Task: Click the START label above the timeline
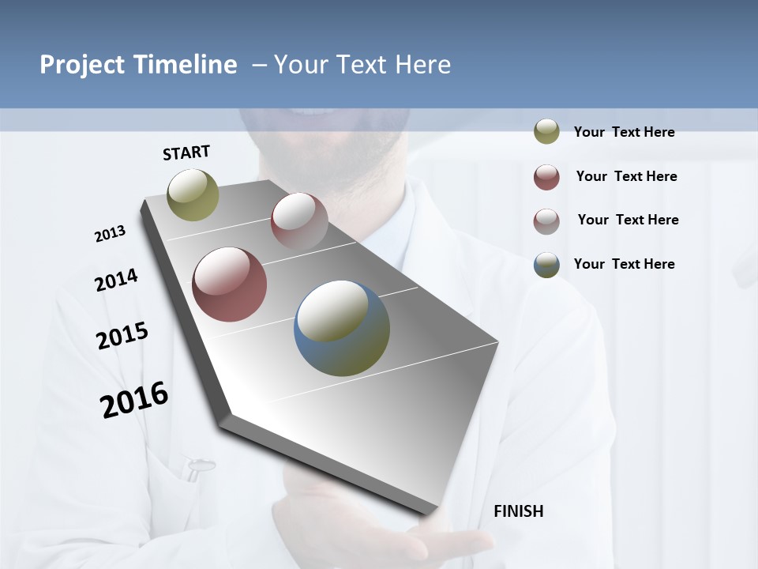[x=186, y=153]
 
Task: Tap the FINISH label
[x=518, y=511]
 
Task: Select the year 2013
[x=110, y=234]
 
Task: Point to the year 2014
[x=116, y=280]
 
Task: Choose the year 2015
[x=122, y=336]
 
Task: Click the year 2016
[x=134, y=399]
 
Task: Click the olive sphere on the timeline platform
[x=193, y=194]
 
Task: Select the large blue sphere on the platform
[x=342, y=328]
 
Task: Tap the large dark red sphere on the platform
[x=229, y=284]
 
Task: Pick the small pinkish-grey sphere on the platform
[x=299, y=220]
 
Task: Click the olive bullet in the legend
[x=546, y=132]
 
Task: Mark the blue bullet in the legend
[x=546, y=265]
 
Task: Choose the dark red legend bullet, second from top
[x=546, y=177]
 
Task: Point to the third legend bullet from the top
[x=546, y=221]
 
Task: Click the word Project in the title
[x=81, y=65]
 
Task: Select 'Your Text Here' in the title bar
[x=362, y=65]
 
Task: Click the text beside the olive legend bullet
[x=624, y=132]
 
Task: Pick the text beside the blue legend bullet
[x=624, y=264]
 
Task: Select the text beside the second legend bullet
[x=626, y=176]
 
